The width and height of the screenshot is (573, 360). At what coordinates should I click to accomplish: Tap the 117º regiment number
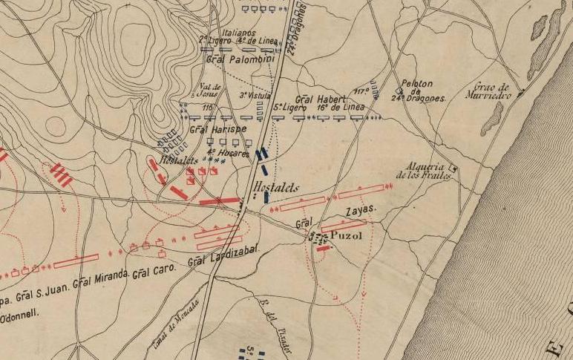click(361, 91)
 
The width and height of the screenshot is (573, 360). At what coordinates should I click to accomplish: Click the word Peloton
click(416, 84)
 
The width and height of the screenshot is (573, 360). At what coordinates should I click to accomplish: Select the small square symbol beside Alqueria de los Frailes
click(454, 168)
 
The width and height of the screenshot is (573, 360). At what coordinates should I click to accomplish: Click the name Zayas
click(361, 210)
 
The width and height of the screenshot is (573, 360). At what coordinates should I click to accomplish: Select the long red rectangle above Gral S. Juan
click(76, 261)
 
